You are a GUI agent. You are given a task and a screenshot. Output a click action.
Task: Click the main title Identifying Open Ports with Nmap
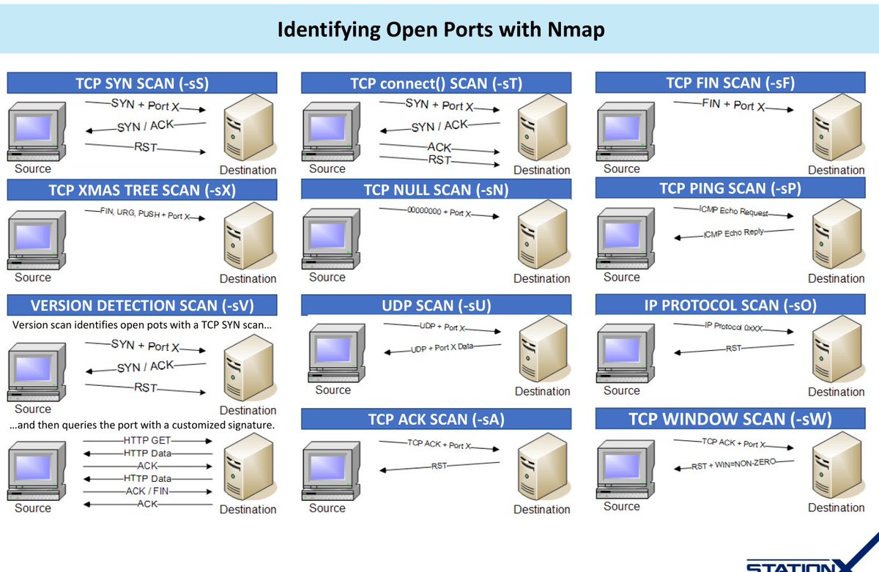click(439, 30)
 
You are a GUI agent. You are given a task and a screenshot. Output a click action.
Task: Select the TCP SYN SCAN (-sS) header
click(142, 83)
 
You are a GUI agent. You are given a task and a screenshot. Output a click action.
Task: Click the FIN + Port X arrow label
click(733, 105)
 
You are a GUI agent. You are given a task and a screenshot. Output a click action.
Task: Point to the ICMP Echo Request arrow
click(735, 212)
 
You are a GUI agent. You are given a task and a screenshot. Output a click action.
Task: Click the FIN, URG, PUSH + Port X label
click(144, 215)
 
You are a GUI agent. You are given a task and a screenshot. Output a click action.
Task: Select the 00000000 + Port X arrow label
click(439, 213)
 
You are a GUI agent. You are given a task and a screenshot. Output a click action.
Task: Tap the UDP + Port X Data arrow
click(442, 348)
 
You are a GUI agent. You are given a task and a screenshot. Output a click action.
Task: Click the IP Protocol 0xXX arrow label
click(735, 327)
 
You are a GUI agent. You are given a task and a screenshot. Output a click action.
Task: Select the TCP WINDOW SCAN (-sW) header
click(730, 419)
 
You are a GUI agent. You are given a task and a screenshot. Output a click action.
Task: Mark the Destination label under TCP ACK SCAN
click(542, 509)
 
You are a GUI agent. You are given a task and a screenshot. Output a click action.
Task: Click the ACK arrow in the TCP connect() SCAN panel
click(439, 146)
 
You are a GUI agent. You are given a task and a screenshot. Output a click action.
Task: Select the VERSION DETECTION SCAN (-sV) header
click(142, 305)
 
